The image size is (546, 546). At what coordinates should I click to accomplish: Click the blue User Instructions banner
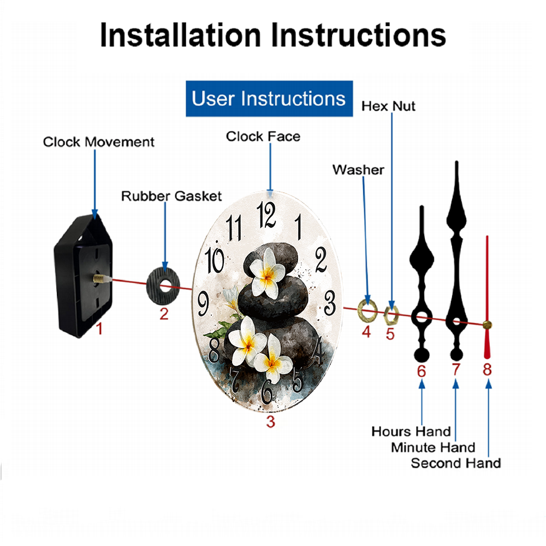tap(269, 98)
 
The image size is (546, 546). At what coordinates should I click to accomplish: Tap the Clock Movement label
tap(98, 142)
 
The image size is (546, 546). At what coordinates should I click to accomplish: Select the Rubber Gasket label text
tap(171, 196)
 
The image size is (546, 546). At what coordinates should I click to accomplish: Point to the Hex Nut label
tap(388, 106)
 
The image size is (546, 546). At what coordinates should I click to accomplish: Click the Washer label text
tap(358, 170)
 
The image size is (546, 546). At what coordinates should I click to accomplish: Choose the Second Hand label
tap(456, 463)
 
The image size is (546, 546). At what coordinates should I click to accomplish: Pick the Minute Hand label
tap(433, 448)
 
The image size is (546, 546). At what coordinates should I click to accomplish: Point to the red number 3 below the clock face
tap(271, 422)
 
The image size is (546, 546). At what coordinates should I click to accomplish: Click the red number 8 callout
tap(487, 369)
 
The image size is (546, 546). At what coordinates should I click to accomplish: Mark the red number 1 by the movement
tap(99, 328)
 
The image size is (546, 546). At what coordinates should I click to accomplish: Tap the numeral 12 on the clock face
tap(266, 215)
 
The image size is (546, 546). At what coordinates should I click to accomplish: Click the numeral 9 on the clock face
tap(203, 303)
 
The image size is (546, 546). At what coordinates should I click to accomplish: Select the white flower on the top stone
tap(267, 273)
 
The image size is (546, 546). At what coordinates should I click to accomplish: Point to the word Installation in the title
tap(180, 35)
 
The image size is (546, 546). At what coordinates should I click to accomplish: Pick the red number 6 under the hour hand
tap(422, 371)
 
